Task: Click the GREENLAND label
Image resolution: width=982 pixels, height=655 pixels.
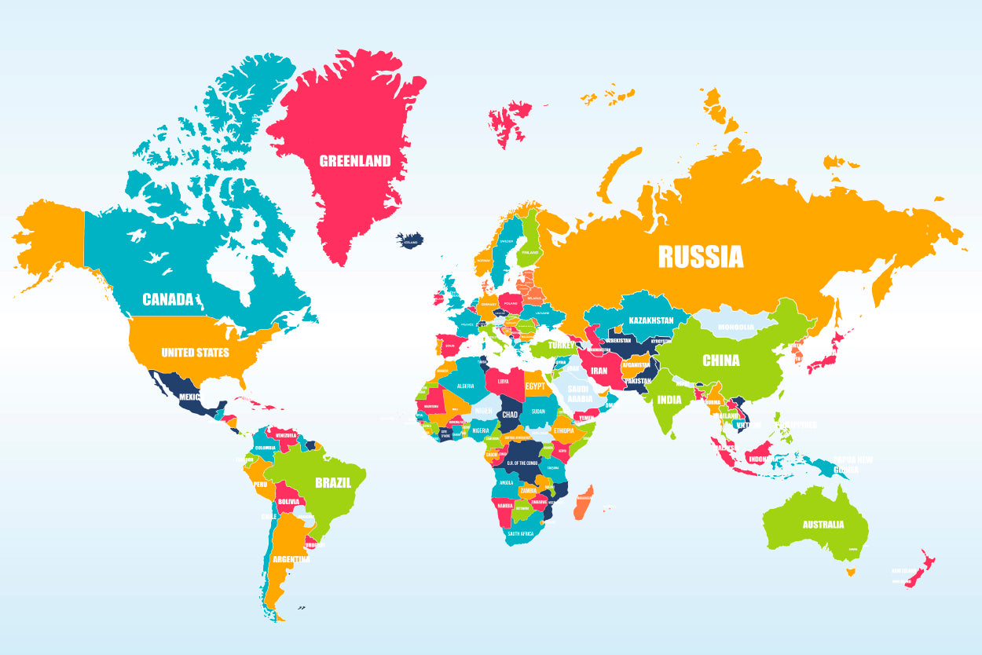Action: [x=354, y=161]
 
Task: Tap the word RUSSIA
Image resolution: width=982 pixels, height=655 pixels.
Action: [x=700, y=256]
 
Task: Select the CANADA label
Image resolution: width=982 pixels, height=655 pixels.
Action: [x=167, y=299]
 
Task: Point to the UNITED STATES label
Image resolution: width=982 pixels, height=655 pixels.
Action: [x=195, y=353]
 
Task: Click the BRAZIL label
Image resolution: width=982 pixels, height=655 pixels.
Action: [x=332, y=483]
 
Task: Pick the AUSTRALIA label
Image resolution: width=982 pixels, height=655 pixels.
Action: [x=823, y=525]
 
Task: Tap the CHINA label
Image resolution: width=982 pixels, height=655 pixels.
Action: [x=720, y=360]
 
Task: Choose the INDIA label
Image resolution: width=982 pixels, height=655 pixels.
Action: [x=669, y=399]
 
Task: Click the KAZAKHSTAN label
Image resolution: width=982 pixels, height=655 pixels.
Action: [x=650, y=320]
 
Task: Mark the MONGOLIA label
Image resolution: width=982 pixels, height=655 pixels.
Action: [x=736, y=327]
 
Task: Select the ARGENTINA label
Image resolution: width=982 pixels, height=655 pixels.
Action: [x=291, y=560]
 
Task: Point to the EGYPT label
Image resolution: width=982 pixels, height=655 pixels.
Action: [x=535, y=386]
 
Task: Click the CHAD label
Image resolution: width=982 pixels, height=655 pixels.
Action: [x=510, y=414]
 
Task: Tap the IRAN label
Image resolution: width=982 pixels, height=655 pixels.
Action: [x=599, y=371]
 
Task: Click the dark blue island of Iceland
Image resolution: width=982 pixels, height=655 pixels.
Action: [x=410, y=240]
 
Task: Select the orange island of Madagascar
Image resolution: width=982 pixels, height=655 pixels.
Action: [x=584, y=502]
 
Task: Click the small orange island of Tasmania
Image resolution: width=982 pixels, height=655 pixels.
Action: [x=850, y=572]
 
